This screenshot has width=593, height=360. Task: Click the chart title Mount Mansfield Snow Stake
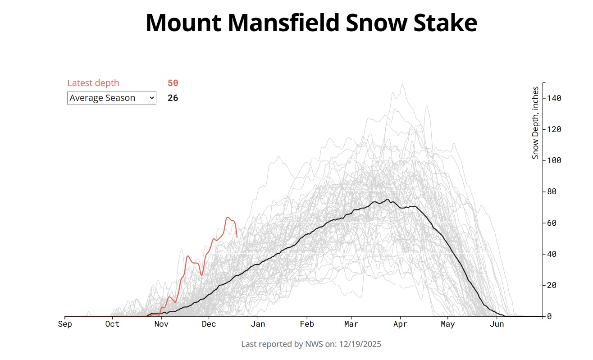click(x=311, y=23)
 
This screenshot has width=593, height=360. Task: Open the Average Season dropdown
click(x=111, y=98)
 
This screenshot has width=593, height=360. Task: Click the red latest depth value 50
click(x=173, y=83)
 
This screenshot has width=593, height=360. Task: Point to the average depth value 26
click(x=173, y=98)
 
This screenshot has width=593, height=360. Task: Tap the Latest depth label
click(x=93, y=83)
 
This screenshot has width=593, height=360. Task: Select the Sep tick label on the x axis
click(x=65, y=324)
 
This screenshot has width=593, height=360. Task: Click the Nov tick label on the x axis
click(x=161, y=324)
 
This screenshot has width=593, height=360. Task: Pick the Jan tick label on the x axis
click(x=258, y=324)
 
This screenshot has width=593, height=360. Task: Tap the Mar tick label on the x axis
click(x=351, y=324)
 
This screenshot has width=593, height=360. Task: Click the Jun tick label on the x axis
click(x=497, y=324)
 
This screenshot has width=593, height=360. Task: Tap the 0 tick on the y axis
click(x=550, y=316)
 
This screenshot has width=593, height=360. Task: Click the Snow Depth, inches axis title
click(x=535, y=123)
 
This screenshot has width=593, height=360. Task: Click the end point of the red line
click(x=237, y=237)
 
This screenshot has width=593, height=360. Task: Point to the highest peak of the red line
click(x=228, y=218)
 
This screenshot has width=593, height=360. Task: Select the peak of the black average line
click(x=388, y=199)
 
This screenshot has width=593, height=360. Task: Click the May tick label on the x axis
click(x=447, y=324)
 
